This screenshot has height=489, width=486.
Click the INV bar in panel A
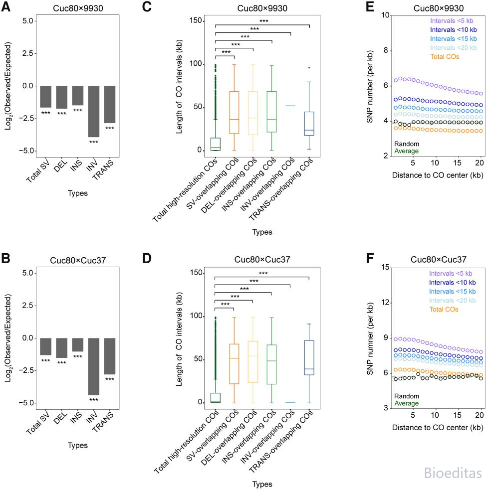(94, 111)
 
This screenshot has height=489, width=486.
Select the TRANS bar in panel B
(110, 356)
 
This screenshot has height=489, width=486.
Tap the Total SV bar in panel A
(45, 97)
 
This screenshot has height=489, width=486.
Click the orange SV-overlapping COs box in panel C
(234, 113)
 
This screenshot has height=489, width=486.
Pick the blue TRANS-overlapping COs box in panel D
(309, 358)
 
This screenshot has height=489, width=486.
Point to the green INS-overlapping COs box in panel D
(271, 364)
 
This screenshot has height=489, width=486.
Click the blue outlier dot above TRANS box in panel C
(309, 68)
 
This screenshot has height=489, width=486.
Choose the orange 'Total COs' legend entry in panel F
(444, 310)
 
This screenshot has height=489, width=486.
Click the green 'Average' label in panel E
(406, 151)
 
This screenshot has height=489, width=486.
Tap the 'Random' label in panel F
(406, 396)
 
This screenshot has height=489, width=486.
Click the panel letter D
(147, 258)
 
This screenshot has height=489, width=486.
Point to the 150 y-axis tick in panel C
(196, 20)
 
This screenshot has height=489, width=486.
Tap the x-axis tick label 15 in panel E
(457, 163)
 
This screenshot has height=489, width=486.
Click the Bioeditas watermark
(453, 473)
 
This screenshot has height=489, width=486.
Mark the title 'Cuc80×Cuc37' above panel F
(438, 260)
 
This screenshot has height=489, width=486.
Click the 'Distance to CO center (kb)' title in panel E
(438, 175)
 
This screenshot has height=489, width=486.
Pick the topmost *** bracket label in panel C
(264, 21)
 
